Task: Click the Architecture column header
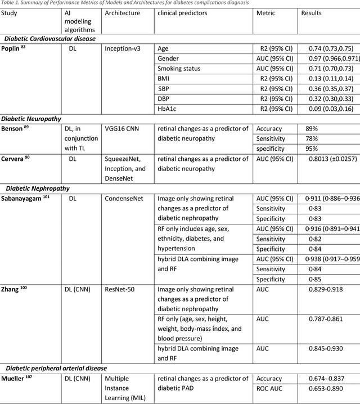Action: (x=122, y=12)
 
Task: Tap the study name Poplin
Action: (x=15, y=49)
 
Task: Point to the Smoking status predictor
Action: (x=179, y=69)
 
